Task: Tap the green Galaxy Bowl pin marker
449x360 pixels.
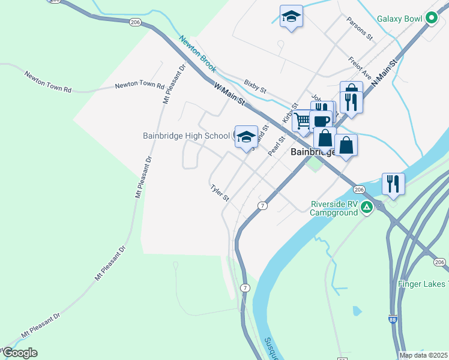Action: [431, 19]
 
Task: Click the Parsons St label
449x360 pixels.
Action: [360, 28]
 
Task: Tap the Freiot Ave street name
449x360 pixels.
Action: [360, 68]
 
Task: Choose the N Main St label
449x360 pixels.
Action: [385, 71]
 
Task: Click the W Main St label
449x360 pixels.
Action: [230, 95]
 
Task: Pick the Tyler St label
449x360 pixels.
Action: [220, 193]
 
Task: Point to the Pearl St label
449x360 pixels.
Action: [276, 146]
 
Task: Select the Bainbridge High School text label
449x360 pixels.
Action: [186, 136]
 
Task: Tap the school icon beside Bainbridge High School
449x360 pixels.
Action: [246, 137]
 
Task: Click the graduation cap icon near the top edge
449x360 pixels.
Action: [291, 16]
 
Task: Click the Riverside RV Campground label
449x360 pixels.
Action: [334, 208]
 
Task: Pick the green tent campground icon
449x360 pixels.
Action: [366, 208]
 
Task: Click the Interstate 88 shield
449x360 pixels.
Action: [392, 320]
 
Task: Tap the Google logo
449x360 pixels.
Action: [19, 353]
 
